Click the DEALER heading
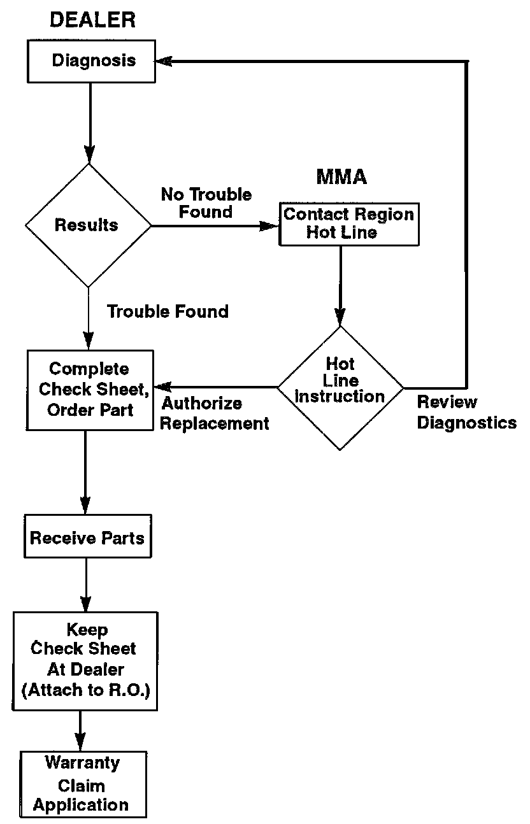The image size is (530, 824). tap(92, 20)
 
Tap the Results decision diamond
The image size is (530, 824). tap(88, 225)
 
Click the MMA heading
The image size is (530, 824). tap(341, 176)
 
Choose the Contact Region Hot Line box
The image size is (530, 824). tap(348, 224)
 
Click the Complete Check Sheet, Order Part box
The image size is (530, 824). tap(90, 389)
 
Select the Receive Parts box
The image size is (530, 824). tap(87, 538)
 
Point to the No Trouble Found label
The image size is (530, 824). tap(206, 202)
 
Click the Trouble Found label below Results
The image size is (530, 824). tap(168, 311)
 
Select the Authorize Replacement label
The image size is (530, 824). tap(214, 413)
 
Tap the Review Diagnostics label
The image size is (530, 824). tap(466, 413)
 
